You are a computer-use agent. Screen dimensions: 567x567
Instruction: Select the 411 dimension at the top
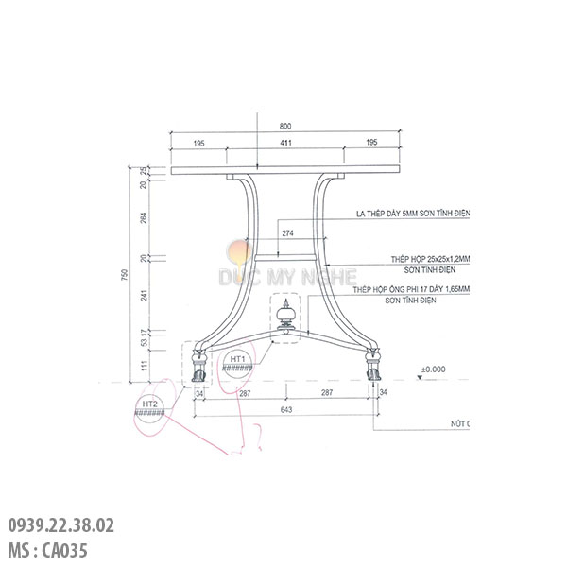(285, 142)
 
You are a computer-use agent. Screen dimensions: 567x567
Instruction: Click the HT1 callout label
(237, 360)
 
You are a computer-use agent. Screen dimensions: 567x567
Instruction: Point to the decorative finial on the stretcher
(285, 317)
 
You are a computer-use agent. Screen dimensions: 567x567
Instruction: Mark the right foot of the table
(373, 365)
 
